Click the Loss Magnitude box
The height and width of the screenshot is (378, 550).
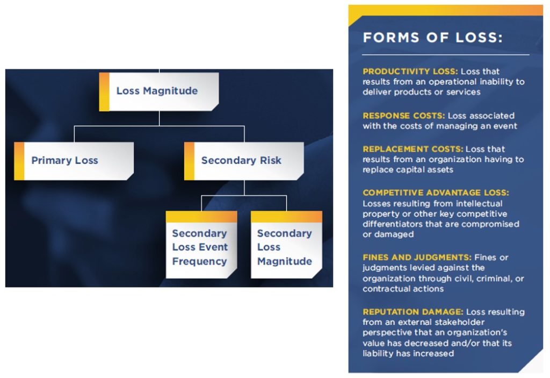point(159,91)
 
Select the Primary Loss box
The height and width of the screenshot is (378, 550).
point(74,161)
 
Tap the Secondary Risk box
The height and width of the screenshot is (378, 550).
point(244,161)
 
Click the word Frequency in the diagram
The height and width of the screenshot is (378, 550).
point(199,262)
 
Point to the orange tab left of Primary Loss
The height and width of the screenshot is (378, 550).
point(19,161)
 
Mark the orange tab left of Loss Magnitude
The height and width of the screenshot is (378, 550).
point(104,91)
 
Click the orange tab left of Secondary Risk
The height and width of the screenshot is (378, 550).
point(189,161)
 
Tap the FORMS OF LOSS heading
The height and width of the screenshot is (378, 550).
point(432,38)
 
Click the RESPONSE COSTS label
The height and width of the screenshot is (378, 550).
point(403,116)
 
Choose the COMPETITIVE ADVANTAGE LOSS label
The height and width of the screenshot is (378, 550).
point(436,192)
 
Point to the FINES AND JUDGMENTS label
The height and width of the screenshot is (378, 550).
point(417,258)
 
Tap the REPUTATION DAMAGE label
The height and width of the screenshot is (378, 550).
point(412,312)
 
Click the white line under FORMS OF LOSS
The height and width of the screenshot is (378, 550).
point(445,55)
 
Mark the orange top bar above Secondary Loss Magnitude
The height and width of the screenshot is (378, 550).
point(286,217)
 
